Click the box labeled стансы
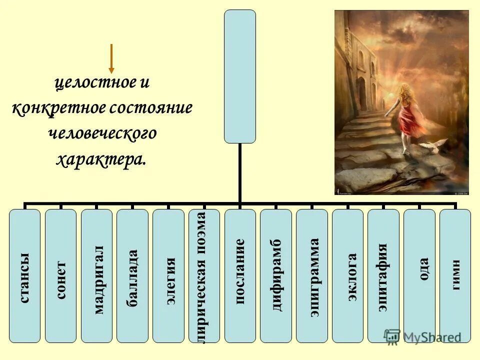[x=24, y=276]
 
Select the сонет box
[x=60, y=276]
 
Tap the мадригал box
[x=96, y=276]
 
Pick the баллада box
[x=132, y=276]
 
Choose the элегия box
[x=168, y=276]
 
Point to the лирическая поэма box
[x=204, y=276]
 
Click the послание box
[x=240, y=276]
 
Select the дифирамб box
[x=276, y=276]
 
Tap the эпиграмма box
[x=312, y=276]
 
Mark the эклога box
[x=347, y=276]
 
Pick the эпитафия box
[x=383, y=276]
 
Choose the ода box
[x=419, y=276]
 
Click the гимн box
[x=455, y=276]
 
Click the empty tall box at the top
[x=240, y=76]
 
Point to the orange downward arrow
[x=111, y=59]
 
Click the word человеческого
[x=103, y=134]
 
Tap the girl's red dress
[x=407, y=115]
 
